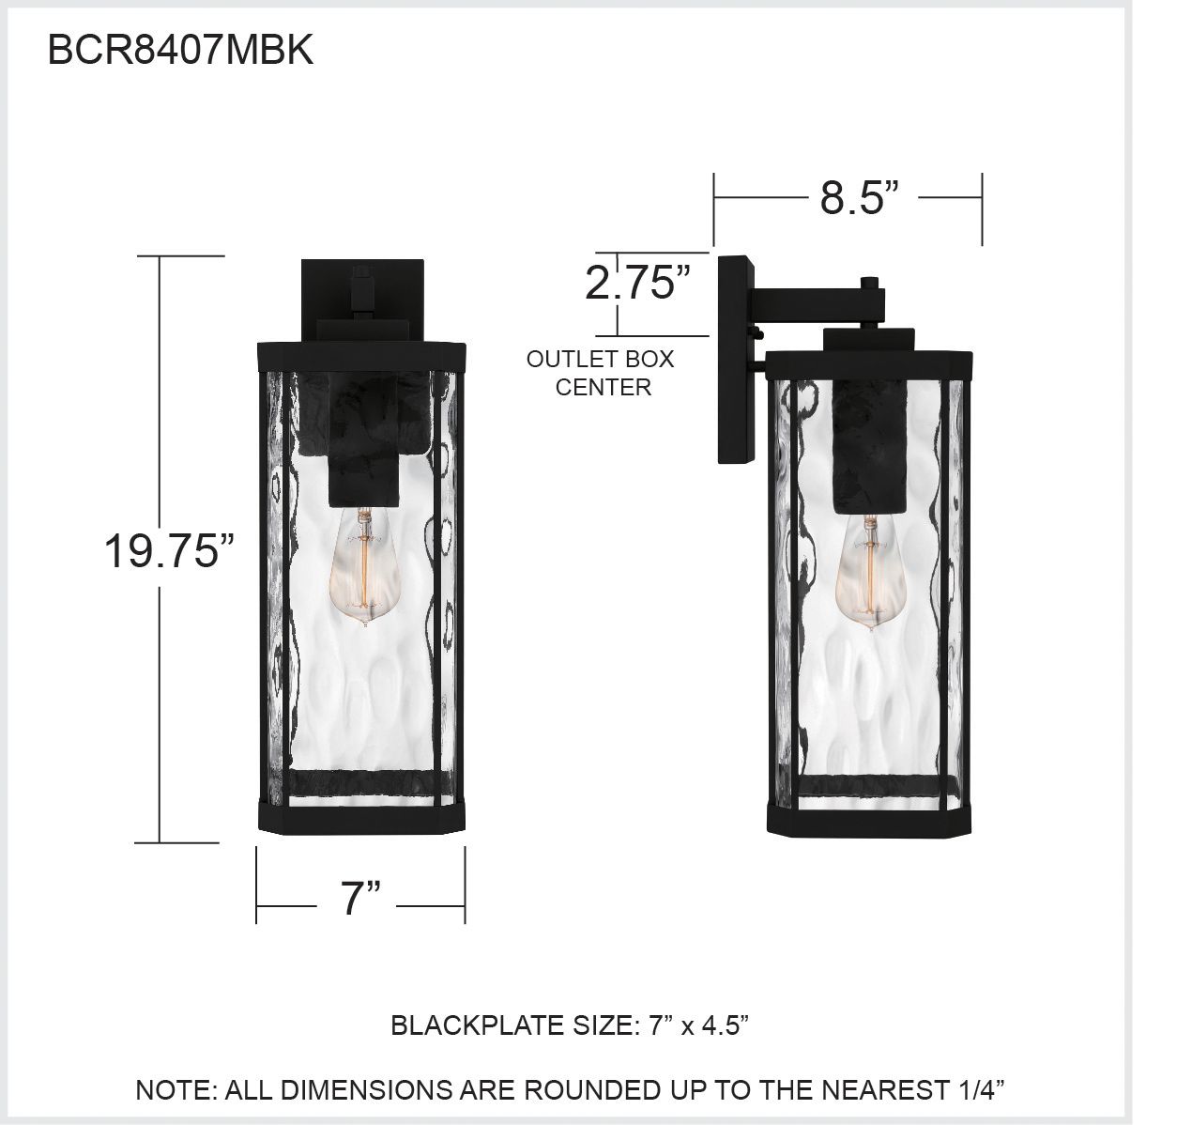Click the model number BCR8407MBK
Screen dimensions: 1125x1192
point(180,51)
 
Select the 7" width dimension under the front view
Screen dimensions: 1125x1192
point(360,899)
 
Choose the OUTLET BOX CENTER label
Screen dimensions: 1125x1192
point(601,373)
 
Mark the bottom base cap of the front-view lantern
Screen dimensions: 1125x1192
point(360,817)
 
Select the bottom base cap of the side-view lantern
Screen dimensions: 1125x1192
point(870,820)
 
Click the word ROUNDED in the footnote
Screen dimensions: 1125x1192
point(590,1090)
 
